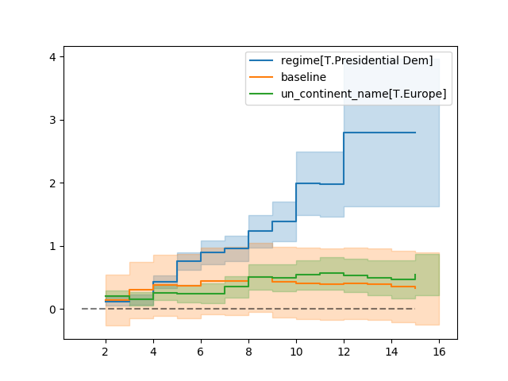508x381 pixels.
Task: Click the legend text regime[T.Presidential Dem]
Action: pos(356,61)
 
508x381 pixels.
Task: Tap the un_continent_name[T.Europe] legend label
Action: pos(364,94)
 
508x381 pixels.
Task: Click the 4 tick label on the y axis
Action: pos(52,57)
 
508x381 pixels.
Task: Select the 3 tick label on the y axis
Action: pos(52,120)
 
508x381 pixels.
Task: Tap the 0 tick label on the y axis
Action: pos(52,310)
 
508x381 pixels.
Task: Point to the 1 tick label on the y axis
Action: pos(52,246)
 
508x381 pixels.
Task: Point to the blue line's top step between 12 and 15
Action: pos(379,133)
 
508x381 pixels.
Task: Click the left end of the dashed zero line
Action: pos(83,309)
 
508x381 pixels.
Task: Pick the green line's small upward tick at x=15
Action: pos(415,277)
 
